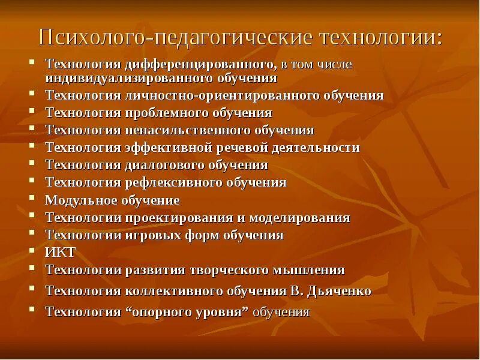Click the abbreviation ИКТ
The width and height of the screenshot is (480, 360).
pyautogui.click(x=60, y=252)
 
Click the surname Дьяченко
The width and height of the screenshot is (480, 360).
pyautogui.click(x=340, y=291)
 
